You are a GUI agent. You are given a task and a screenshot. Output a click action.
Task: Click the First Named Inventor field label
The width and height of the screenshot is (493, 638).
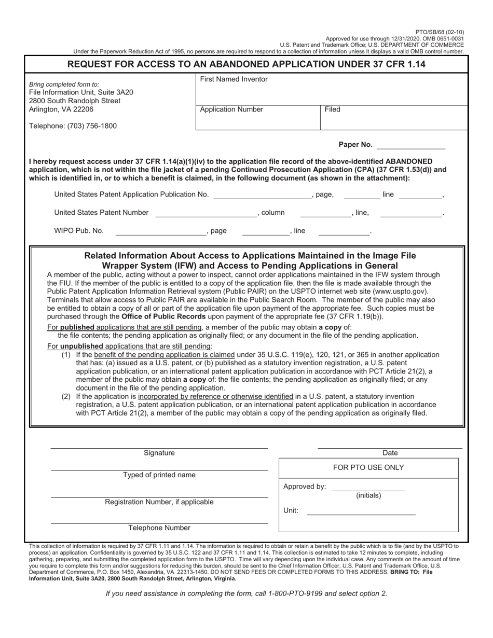(234, 79)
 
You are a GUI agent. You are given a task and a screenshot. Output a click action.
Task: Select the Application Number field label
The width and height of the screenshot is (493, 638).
(231, 109)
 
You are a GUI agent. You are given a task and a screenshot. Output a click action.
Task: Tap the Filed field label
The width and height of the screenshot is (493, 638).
(332, 109)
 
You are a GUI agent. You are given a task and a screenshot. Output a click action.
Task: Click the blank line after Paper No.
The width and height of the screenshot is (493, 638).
(411, 145)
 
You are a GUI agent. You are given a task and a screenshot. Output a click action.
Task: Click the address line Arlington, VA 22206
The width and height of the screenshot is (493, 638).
(61, 109)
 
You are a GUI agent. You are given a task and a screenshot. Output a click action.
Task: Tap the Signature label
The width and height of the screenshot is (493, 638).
(159, 453)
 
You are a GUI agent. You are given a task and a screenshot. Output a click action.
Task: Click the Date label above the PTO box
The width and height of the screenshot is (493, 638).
(390, 453)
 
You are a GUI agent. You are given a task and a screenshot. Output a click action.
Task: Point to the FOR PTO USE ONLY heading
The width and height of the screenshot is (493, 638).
(368, 467)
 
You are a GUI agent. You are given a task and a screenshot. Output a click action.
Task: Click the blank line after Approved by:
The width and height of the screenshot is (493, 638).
(368, 488)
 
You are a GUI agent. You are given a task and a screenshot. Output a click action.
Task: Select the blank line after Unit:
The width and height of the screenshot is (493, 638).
(361, 511)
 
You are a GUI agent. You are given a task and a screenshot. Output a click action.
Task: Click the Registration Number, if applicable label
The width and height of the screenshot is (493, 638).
(159, 502)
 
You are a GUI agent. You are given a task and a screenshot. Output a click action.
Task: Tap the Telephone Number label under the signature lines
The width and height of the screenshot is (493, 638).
(159, 528)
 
